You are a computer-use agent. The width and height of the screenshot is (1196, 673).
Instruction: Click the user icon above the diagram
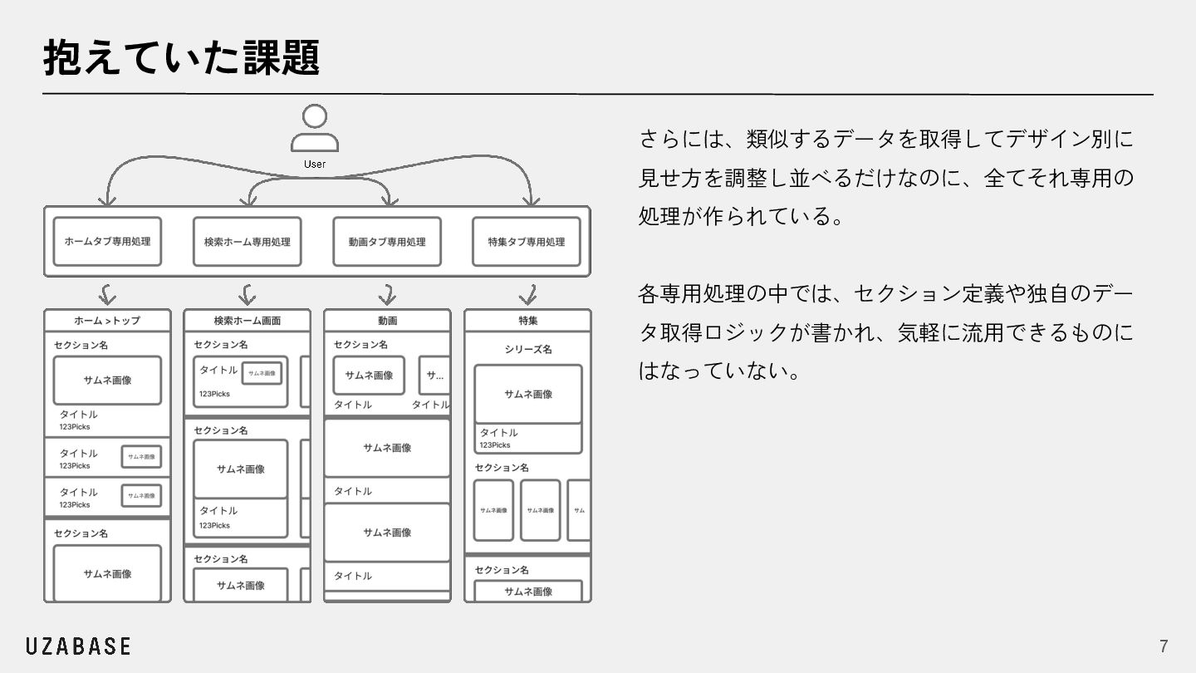[x=315, y=127]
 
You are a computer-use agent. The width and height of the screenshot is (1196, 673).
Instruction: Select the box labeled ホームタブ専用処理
[x=107, y=242]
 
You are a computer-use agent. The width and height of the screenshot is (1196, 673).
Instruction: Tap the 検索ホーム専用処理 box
[x=247, y=242]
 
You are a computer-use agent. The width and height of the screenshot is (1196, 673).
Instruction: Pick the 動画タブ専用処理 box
[x=387, y=242]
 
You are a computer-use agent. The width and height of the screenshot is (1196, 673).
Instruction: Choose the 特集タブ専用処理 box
[x=527, y=242]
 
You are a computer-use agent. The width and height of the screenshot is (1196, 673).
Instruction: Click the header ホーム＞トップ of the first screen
[x=107, y=321]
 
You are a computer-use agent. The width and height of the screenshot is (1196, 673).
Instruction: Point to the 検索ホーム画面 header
[x=247, y=321]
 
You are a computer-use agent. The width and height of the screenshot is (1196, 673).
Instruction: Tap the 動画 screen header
[x=387, y=321]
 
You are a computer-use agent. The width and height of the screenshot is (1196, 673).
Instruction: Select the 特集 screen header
[x=527, y=321]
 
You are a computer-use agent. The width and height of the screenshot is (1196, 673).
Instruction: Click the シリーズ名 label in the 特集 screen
[x=527, y=349]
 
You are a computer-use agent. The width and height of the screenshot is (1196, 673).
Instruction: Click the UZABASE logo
[x=78, y=646]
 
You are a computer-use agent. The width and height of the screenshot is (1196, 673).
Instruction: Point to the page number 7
[x=1164, y=646]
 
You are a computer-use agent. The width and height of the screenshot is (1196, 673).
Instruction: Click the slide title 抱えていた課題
[x=181, y=58]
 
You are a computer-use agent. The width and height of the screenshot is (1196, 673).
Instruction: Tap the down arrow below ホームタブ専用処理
[x=106, y=294]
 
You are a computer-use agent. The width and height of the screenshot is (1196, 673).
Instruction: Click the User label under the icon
[x=315, y=164]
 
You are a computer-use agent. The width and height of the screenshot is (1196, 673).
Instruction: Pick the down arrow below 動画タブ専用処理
[x=387, y=294]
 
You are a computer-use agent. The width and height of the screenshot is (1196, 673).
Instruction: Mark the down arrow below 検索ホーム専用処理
[x=247, y=294]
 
